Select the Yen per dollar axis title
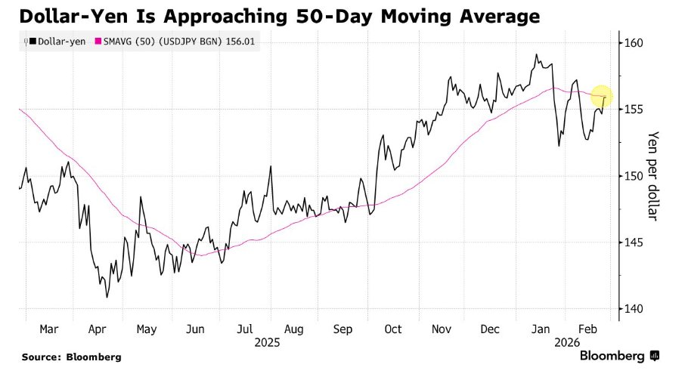pyautogui.click(x=654, y=176)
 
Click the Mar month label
pyautogui.click(x=48, y=330)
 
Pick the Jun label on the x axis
pyautogui.click(x=195, y=330)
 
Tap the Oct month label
pyautogui.click(x=392, y=330)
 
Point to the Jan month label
pyautogui.click(x=541, y=330)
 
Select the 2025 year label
pyautogui.click(x=267, y=342)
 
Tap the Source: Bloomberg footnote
pyautogui.click(x=71, y=357)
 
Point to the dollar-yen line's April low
pyautogui.click(x=107, y=297)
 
